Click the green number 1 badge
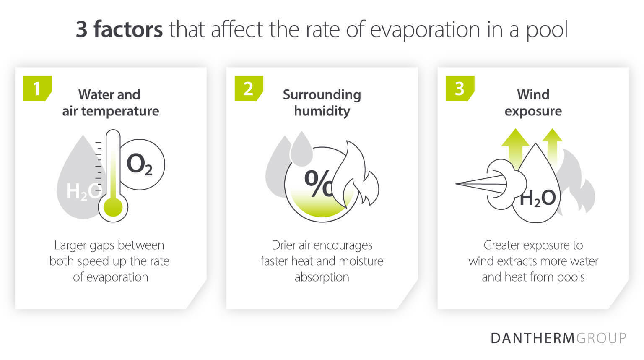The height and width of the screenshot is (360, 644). pos(37,88)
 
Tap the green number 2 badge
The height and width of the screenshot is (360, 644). pos(248,88)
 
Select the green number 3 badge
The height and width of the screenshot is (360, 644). pos(460,88)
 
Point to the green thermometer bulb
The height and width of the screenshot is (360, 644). pos(113,207)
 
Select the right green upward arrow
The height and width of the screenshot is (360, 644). pos(552,145)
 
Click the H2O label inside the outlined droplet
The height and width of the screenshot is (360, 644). pos(537,198)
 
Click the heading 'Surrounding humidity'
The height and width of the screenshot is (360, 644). pos(322,102)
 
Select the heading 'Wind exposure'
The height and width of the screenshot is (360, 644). pos(533,102)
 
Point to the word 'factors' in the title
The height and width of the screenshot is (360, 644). pos(128,29)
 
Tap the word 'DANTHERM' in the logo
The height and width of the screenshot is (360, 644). pos(532,338)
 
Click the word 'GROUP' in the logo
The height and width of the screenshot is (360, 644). pos(601,338)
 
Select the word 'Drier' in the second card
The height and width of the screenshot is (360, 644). pos(284,245)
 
